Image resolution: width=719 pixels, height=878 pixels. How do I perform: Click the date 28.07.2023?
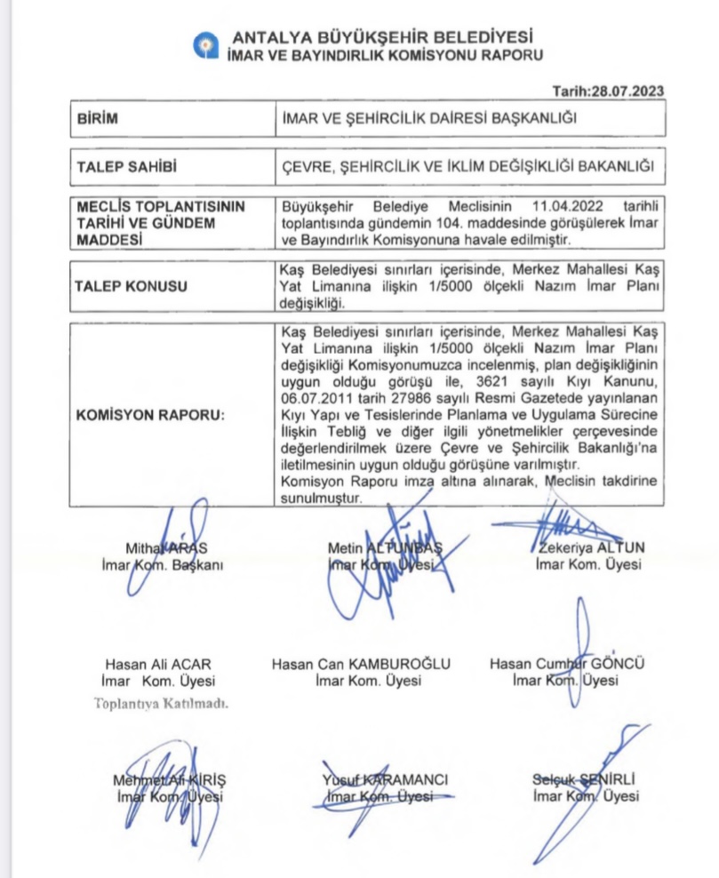pos(629,91)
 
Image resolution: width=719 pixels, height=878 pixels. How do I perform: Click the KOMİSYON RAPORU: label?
pos(136,415)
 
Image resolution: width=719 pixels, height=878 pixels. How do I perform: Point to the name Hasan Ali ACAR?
pos(158,665)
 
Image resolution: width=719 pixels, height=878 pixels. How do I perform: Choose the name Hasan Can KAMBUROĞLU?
pos(361,665)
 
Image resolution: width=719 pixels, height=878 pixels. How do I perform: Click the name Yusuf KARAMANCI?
pos(385,780)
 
